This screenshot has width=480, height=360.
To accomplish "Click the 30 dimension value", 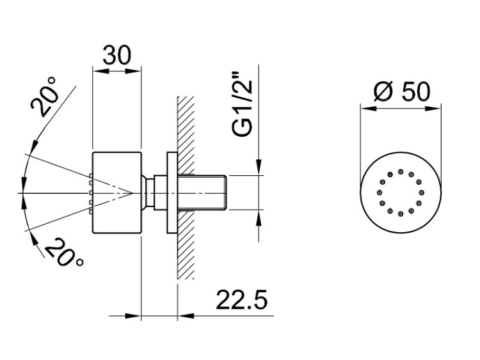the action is [116, 55].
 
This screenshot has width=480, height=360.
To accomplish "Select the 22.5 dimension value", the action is [242, 299].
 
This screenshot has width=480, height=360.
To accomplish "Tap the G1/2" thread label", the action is [243, 104].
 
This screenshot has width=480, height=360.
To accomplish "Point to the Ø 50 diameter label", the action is [402, 91].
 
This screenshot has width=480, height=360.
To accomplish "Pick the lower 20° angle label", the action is [63, 253].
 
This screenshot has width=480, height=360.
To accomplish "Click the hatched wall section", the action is [186, 187].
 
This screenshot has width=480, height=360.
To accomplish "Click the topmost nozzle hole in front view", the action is [401, 171].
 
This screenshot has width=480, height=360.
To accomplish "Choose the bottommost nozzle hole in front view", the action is [401, 214].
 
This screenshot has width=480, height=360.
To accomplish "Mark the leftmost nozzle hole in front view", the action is [380, 192].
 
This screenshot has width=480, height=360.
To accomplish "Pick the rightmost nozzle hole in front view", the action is [422, 192].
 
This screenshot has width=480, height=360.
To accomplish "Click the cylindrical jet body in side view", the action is [116, 192].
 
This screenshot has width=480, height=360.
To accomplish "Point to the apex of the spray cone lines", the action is [132, 192].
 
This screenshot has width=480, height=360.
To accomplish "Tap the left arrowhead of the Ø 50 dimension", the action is [367, 108].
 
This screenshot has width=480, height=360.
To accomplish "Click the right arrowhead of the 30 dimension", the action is [133, 71].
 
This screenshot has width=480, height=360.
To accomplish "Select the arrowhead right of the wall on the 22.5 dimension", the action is [186, 316].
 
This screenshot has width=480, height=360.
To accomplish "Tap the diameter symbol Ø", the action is [383, 91].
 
